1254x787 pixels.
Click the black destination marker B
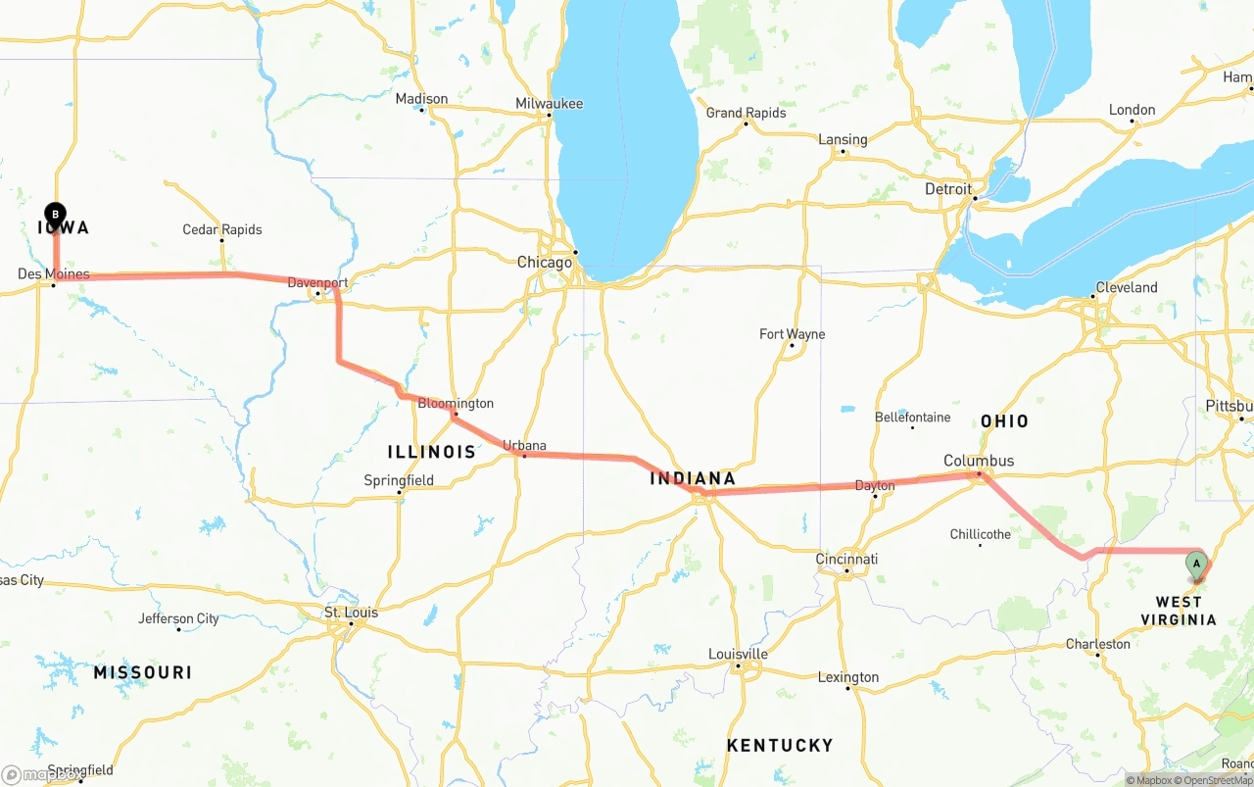56,213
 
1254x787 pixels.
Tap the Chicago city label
544,263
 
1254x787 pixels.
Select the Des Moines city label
53,274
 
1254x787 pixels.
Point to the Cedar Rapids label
222,229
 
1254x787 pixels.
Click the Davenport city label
317,283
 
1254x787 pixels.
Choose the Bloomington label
456,403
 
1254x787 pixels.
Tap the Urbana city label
524,446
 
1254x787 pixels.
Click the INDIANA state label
693,479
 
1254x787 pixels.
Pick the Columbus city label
978,461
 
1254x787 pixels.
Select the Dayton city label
875,485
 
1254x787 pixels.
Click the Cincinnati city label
846,560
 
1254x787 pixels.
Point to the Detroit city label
948,189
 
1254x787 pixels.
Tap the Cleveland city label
1126,287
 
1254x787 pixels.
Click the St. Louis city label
351,613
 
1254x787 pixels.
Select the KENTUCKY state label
780,746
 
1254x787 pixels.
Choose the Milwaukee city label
549,104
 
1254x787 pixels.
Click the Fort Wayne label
792,334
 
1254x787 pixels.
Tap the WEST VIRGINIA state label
1178,611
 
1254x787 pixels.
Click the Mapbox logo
41,774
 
